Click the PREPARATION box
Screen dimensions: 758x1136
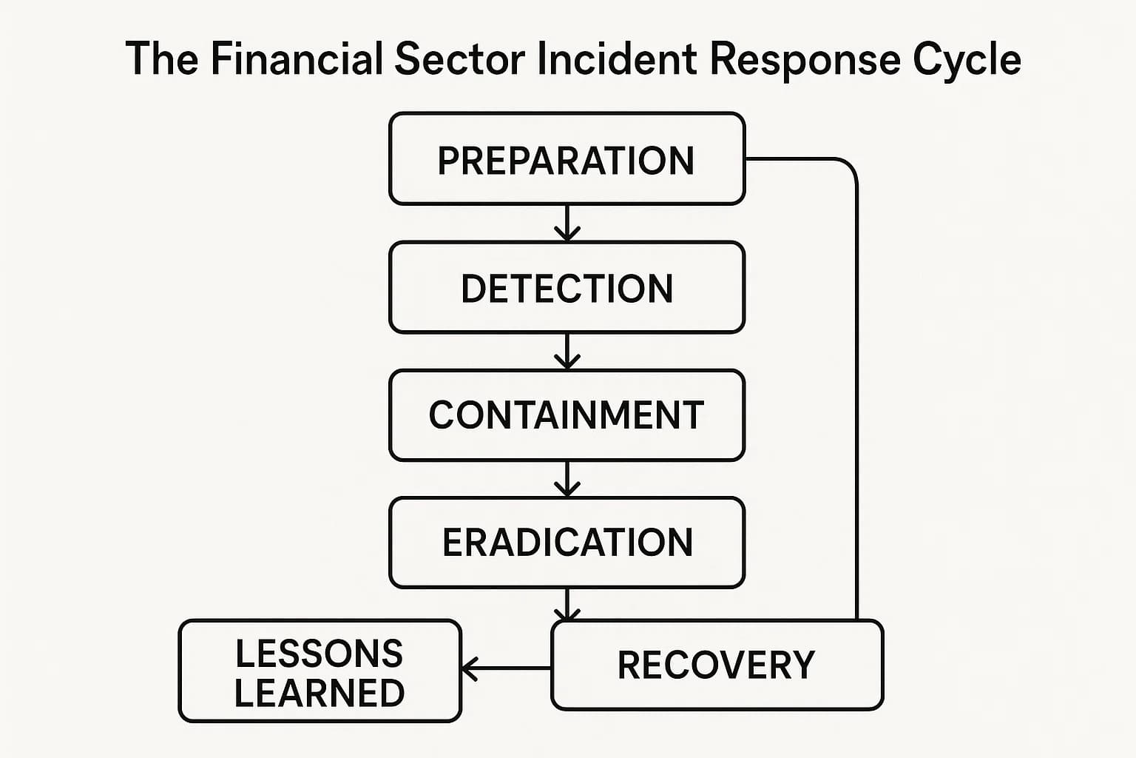[x=567, y=159]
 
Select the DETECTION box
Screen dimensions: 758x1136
[x=567, y=287]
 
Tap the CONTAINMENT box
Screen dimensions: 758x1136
[x=567, y=415]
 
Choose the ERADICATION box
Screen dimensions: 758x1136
[x=567, y=543]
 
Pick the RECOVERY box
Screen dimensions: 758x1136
[x=717, y=665]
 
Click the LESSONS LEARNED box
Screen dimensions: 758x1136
[x=319, y=671]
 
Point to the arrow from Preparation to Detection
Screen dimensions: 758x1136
[x=567, y=223]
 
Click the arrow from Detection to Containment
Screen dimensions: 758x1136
[x=567, y=351]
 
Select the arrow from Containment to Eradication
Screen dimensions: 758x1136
[x=567, y=479]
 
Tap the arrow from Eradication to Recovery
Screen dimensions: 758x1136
[x=567, y=604]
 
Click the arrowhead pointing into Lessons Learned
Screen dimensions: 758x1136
[x=469, y=668]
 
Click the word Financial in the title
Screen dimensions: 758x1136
[x=297, y=59]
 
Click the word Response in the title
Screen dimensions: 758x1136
[x=805, y=59]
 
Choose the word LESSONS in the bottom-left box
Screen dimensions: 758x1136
[x=319, y=653]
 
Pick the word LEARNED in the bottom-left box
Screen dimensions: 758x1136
[x=319, y=693]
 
